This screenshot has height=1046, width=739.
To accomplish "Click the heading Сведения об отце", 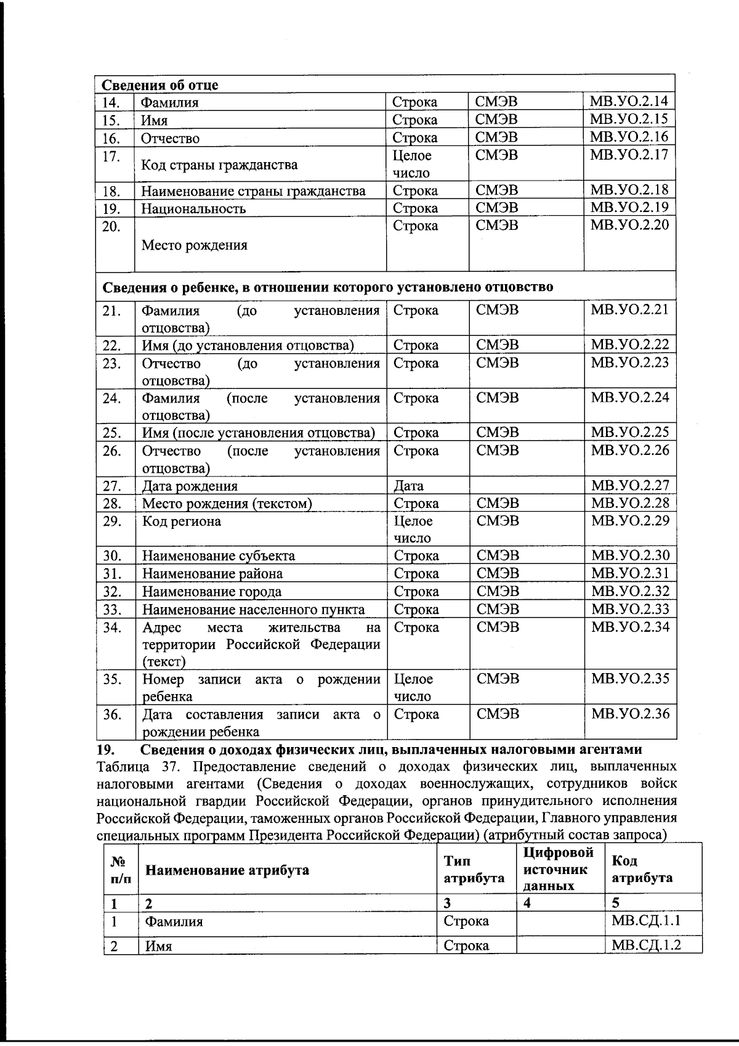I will coord(160,85).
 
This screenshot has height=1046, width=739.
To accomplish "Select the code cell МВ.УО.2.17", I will coord(629,155).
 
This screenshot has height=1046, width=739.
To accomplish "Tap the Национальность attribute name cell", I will coord(193,208).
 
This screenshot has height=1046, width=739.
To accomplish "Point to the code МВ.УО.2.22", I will coord(629,345).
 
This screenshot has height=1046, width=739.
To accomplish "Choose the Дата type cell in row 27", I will coord(409,486).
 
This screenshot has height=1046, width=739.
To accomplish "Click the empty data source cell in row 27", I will coord(527,486).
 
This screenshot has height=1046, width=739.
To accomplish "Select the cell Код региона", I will coord(182,521).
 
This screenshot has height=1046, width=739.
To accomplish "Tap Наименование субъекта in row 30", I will coord(219,556).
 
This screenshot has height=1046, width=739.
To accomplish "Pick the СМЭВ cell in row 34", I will coord(498,627).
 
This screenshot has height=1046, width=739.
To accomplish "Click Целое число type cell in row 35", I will coord(413,688).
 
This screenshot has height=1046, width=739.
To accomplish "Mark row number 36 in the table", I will coord(112,714).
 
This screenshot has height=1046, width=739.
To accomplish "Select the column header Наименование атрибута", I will coord(227,870).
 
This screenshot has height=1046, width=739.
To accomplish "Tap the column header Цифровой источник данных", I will coord(559,869).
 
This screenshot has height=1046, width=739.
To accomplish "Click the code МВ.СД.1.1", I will coord(646,921).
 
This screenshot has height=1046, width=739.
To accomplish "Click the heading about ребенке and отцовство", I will coord(327,287).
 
